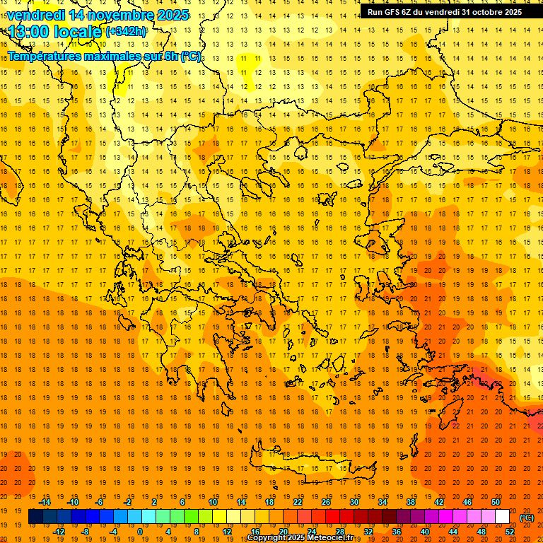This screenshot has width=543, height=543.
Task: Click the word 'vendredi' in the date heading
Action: pyautogui.click(x=36, y=15)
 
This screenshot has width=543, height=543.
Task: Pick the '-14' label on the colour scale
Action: pyautogui.click(x=45, y=502)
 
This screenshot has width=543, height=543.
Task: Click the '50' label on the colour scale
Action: pyautogui.click(x=495, y=502)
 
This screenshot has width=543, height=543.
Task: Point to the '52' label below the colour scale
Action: pyautogui.click(x=509, y=532)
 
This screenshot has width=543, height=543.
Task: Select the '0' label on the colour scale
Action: pyautogui.click(x=139, y=532)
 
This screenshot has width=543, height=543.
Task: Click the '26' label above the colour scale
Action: pyautogui.click(x=326, y=502)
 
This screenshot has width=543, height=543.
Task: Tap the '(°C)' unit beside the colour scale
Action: pyautogui.click(x=527, y=518)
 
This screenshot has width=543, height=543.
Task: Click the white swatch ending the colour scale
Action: pyautogui.click(x=502, y=517)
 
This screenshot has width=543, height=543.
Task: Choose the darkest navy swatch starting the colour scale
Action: pyautogui.click(x=35, y=517)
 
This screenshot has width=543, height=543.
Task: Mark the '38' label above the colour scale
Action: pyautogui.click(x=411, y=502)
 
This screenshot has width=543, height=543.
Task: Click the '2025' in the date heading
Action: pyautogui.click(x=171, y=15)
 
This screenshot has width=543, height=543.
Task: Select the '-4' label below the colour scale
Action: pyautogui.click(x=114, y=532)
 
